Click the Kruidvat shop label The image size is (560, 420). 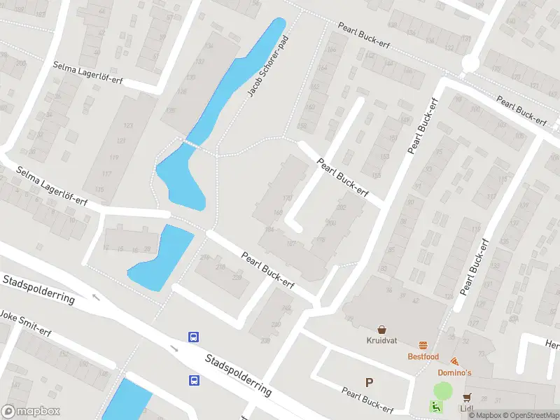[x=381, y=341]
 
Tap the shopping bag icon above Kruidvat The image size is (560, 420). [x=382, y=329]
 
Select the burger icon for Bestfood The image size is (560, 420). [x=423, y=345]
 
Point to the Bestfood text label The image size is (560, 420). [x=423, y=357]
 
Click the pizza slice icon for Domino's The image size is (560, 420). [x=454, y=361]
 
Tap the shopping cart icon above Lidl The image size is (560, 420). [x=467, y=397]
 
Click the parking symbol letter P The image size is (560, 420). [x=369, y=382]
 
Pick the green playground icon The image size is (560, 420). [x=435, y=407]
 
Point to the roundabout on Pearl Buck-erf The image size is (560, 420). [x=469, y=64]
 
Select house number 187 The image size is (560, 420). [x=291, y=244]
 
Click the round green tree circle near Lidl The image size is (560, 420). [x=443, y=391]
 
